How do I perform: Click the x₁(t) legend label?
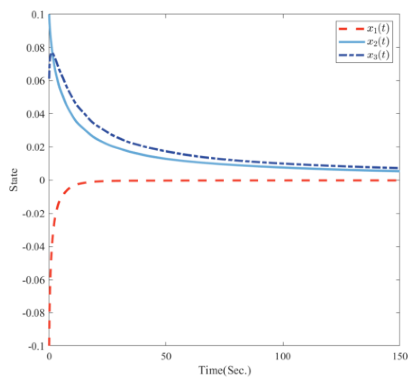click(378, 28)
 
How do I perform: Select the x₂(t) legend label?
click(378, 42)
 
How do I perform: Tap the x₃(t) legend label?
click(378, 55)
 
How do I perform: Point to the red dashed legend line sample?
click(351, 29)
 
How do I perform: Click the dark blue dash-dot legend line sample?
click(351, 55)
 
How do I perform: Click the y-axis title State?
click(14, 180)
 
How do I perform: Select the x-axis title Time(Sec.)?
click(224, 370)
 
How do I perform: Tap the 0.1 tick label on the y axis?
click(37, 15)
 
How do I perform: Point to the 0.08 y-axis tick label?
click(35, 48)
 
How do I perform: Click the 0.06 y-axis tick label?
click(35, 81)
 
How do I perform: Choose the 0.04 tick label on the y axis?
click(35, 114)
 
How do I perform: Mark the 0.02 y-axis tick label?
click(35, 147)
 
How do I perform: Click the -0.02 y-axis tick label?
click(34, 213)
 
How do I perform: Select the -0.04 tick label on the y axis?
click(34, 247)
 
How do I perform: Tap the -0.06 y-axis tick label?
click(34, 280)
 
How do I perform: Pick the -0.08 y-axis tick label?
click(34, 313)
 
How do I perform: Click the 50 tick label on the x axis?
click(166, 356)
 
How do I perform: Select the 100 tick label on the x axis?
click(283, 356)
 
